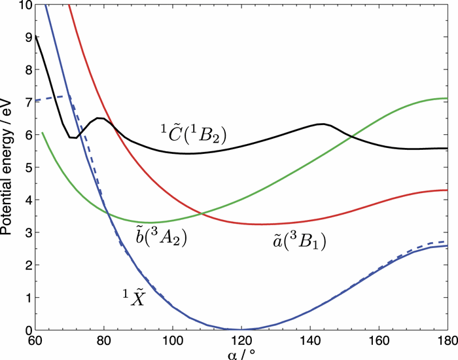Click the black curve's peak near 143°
click(322, 124)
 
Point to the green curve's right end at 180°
click(446, 98)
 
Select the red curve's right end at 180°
click(446, 190)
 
